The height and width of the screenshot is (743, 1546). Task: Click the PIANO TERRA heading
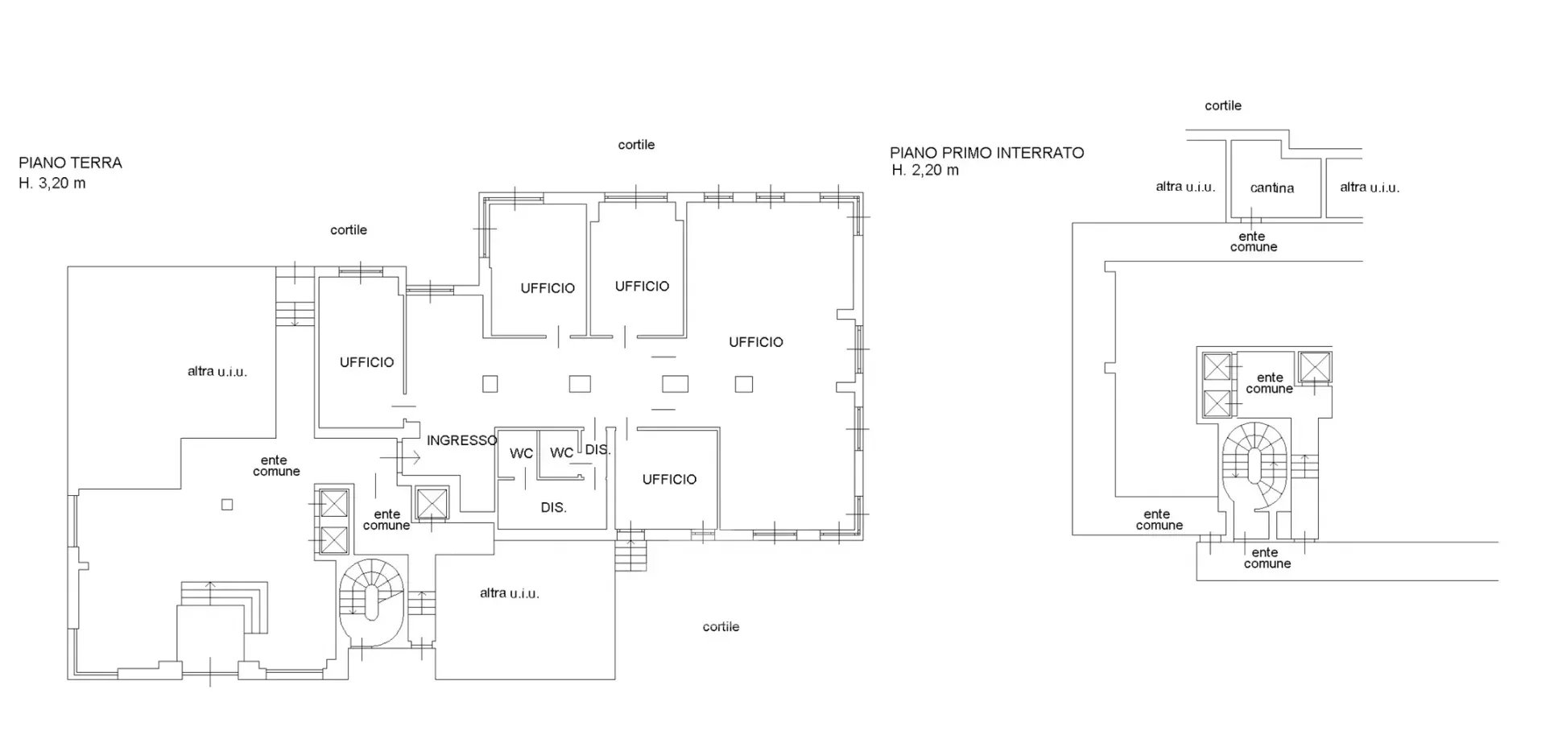(71, 163)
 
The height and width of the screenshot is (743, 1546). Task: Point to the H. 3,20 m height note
(52, 183)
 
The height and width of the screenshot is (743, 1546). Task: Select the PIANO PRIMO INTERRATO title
(986, 152)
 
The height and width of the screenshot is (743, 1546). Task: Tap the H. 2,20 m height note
(925, 170)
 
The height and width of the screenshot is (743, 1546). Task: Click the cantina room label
(1272, 188)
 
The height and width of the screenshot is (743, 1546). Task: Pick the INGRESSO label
(461, 440)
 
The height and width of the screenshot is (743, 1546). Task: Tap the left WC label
(521, 453)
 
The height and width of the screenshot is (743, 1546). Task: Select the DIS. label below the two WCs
(553, 508)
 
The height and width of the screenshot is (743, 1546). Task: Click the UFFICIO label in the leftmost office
(366, 362)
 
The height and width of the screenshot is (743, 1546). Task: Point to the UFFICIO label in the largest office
(755, 342)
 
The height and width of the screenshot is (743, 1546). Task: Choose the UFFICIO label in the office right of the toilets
(669, 479)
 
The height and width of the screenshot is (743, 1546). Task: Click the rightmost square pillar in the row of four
(743, 384)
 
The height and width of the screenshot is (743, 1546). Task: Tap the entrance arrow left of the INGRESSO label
(400, 458)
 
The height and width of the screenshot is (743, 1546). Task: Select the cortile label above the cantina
(1223, 105)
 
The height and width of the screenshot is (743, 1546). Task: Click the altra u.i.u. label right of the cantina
(1370, 188)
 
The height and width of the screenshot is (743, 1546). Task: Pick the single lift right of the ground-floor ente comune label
(432, 504)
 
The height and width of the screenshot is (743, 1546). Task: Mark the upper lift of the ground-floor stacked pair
(333, 505)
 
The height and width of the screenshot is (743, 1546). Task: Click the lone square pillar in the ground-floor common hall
(227, 505)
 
